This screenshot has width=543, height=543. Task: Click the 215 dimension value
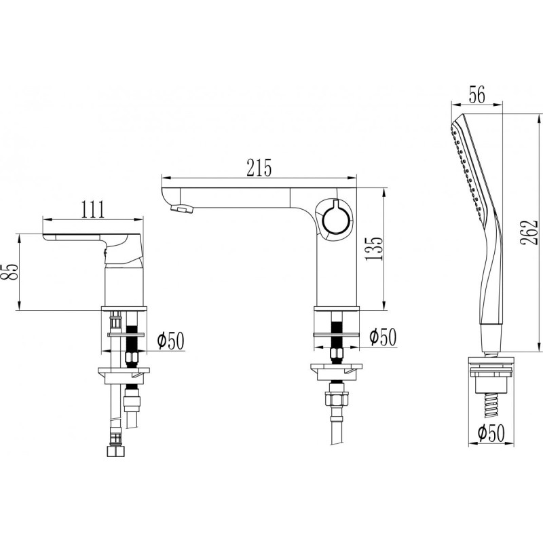(x=259, y=168)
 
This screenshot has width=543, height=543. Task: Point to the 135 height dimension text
(x=374, y=248)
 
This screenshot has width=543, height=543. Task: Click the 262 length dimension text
(x=529, y=232)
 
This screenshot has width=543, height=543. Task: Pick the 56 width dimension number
(x=477, y=94)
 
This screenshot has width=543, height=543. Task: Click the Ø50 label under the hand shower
(x=491, y=433)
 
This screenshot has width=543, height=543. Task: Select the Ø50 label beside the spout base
(x=382, y=337)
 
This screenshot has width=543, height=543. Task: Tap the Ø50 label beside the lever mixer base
(x=170, y=340)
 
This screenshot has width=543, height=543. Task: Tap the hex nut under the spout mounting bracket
(x=337, y=400)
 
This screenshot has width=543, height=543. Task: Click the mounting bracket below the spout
(x=336, y=372)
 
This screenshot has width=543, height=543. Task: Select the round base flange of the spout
(x=337, y=309)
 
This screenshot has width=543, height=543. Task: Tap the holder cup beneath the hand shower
(x=491, y=377)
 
